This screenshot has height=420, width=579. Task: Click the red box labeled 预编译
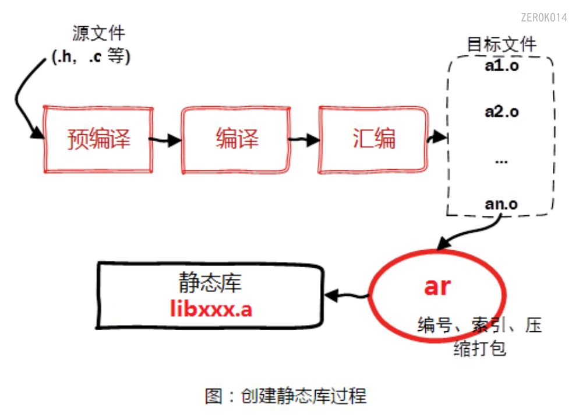pos(98,140)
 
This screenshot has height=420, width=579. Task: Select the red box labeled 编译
pos(235,140)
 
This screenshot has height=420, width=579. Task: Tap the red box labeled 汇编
pos(373,140)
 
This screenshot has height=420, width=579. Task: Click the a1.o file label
pos(501,66)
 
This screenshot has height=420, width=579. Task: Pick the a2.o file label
pos(502,111)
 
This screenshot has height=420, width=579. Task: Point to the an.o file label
pos(501,204)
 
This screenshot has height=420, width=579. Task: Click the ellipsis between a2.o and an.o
pos(501,160)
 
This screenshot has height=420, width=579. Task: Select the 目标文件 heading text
pos(502,45)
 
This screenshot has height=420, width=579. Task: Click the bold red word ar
pos(437,286)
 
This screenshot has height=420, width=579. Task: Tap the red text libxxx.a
pos(211,309)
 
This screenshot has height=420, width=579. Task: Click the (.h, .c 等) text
pos(91,57)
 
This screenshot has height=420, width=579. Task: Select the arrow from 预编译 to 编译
pos(165,140)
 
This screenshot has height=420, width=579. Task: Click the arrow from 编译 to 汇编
pos(304,140)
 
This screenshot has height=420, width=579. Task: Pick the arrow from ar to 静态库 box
pos(347,296)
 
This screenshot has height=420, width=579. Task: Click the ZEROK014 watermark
pos(543,17)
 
